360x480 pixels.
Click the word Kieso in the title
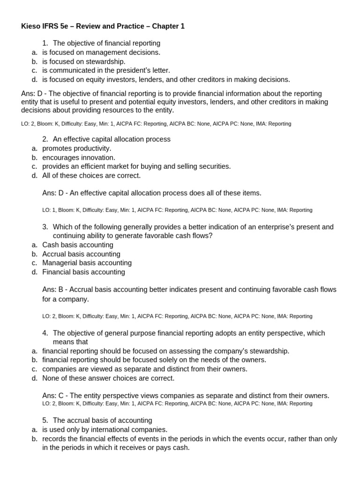point(31,26)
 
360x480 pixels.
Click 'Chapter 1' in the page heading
point(169,26)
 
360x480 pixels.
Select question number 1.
point(45,43)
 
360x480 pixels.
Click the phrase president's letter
point(141,70)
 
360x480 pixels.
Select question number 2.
point(45,139)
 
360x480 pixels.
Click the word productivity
point(91,148)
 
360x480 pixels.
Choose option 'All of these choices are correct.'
point(91,175)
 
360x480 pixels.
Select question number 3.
point(45,227)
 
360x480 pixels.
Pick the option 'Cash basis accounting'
point(78,245)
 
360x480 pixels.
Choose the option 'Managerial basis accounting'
point(87,263)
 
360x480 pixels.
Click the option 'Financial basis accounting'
point(83,272)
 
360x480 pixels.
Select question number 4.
point(45,333)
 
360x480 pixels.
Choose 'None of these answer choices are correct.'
point(108,378)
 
